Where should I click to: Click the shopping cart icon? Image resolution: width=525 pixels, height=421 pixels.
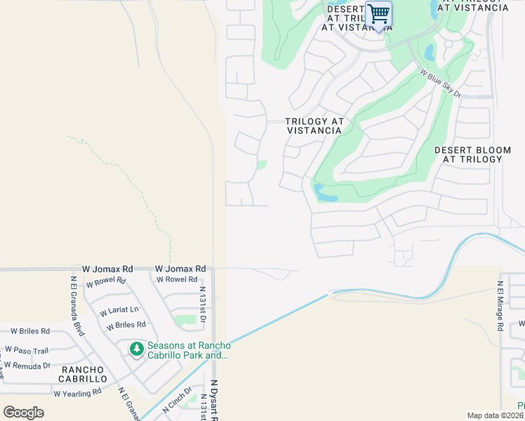pyautogui.click(x=378, y=13)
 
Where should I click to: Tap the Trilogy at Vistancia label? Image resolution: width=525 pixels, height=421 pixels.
pyautogui.click(x=315, y=126)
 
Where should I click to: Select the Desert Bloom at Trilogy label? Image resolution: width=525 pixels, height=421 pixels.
pyautogui.click(x=468, y=154)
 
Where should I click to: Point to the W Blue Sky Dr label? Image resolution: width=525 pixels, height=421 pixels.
pyautogui.click(x=440, y=83)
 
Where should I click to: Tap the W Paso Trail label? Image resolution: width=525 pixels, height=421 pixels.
pyautogui.click(x=27, y=349)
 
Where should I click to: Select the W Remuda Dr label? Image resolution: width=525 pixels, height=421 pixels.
pyautogui.click(x=27, y=366)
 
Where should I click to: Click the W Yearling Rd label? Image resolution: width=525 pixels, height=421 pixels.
pyautogui.click(x=78, y=392)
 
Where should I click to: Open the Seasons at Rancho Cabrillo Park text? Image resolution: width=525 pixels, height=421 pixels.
pyautogui.click(x=188, y=350)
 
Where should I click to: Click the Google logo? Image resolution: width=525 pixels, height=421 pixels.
pyautogui.click(x=24, y=412)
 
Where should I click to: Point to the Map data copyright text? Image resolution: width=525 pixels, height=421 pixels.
pyautogui.click(x=493, y=415)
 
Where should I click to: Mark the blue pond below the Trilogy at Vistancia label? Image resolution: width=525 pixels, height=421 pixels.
pyautogui.click(x=325, y=193)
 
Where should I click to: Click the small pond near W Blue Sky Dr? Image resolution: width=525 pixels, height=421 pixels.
pyautogui.click(x=429, y=52)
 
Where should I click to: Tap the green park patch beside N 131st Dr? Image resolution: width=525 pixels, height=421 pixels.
pyautogui.click(x=185, y=321)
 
